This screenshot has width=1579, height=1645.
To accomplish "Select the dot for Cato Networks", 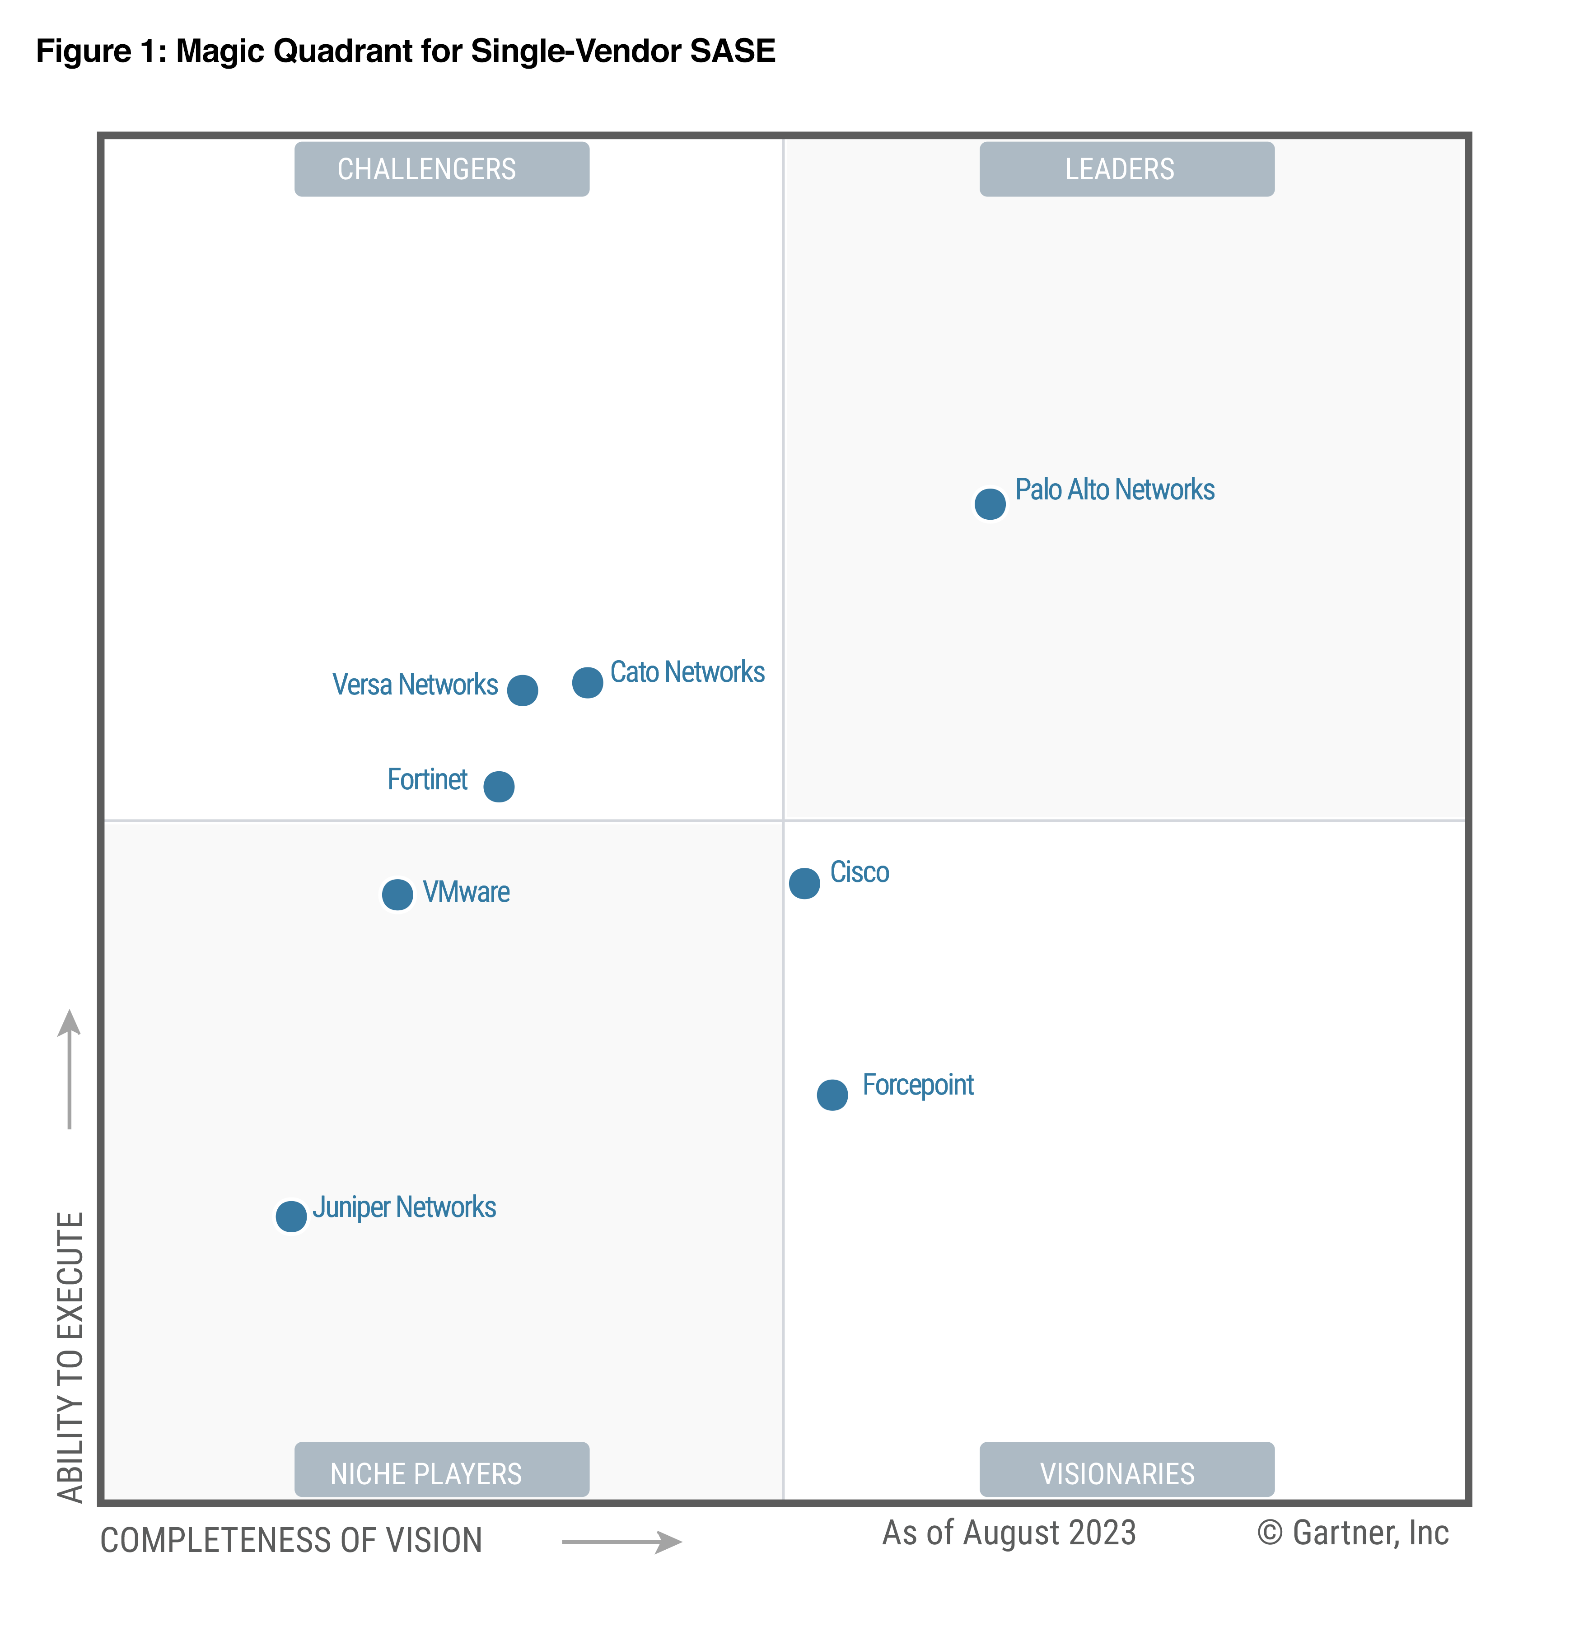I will tap(588, 682).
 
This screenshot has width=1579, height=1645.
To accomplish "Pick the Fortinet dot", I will tap(499, 787).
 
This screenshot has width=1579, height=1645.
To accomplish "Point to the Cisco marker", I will tap(804, 883).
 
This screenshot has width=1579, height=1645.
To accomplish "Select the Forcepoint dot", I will tap(832, 1095).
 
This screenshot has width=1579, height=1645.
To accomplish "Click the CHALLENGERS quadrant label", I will tap(442, 169).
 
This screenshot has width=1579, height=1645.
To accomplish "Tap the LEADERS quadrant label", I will tap(1126, 169).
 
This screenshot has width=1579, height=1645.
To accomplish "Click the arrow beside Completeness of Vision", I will tap(621, 1542).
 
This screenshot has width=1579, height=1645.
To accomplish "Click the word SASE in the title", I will tap(732, 51).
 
